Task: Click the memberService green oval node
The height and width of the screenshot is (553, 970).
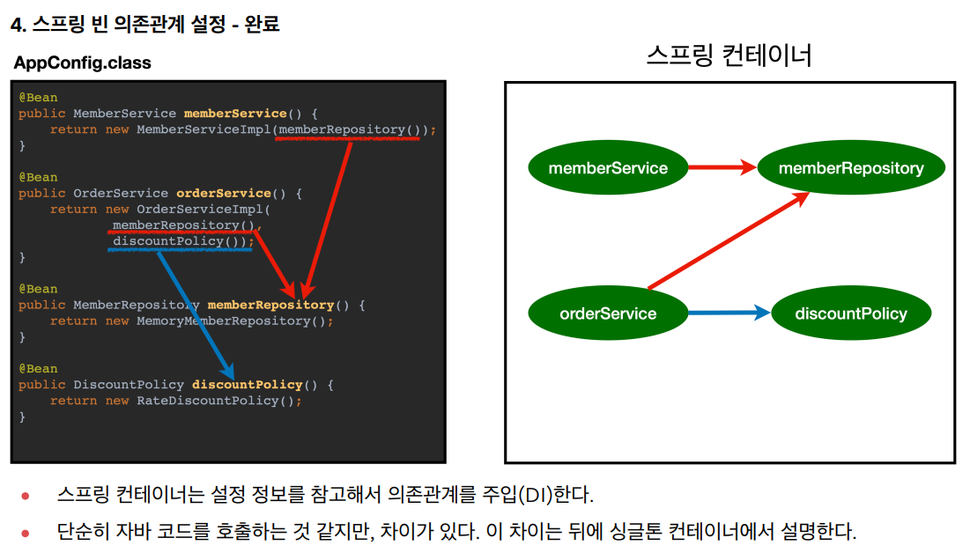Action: (x=608, y=168)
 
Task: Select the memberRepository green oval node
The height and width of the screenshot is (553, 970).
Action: (x=851, y=168)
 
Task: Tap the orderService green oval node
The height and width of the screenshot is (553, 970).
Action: (x=608, y=313)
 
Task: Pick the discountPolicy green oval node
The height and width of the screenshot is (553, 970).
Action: (x=850, y=313)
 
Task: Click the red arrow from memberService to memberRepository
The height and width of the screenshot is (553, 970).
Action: (x=721, y=167)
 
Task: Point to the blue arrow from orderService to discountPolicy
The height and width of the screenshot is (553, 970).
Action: (x=728, y=313)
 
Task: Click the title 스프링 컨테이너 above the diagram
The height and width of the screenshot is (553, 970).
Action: (x=729, y=55)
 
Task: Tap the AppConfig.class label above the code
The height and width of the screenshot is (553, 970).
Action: (x=83, y=63)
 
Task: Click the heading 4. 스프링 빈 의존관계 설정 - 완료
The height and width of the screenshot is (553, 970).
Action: (x=144, y=25)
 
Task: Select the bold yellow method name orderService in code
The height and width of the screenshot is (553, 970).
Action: (x=224, y=193)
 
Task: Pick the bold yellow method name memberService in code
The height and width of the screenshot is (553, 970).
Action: (x=235, y=114)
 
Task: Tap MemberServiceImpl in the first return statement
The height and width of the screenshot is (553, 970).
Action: (x=204, y=129)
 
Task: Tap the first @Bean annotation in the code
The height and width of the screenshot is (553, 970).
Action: (x=38, y=97)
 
